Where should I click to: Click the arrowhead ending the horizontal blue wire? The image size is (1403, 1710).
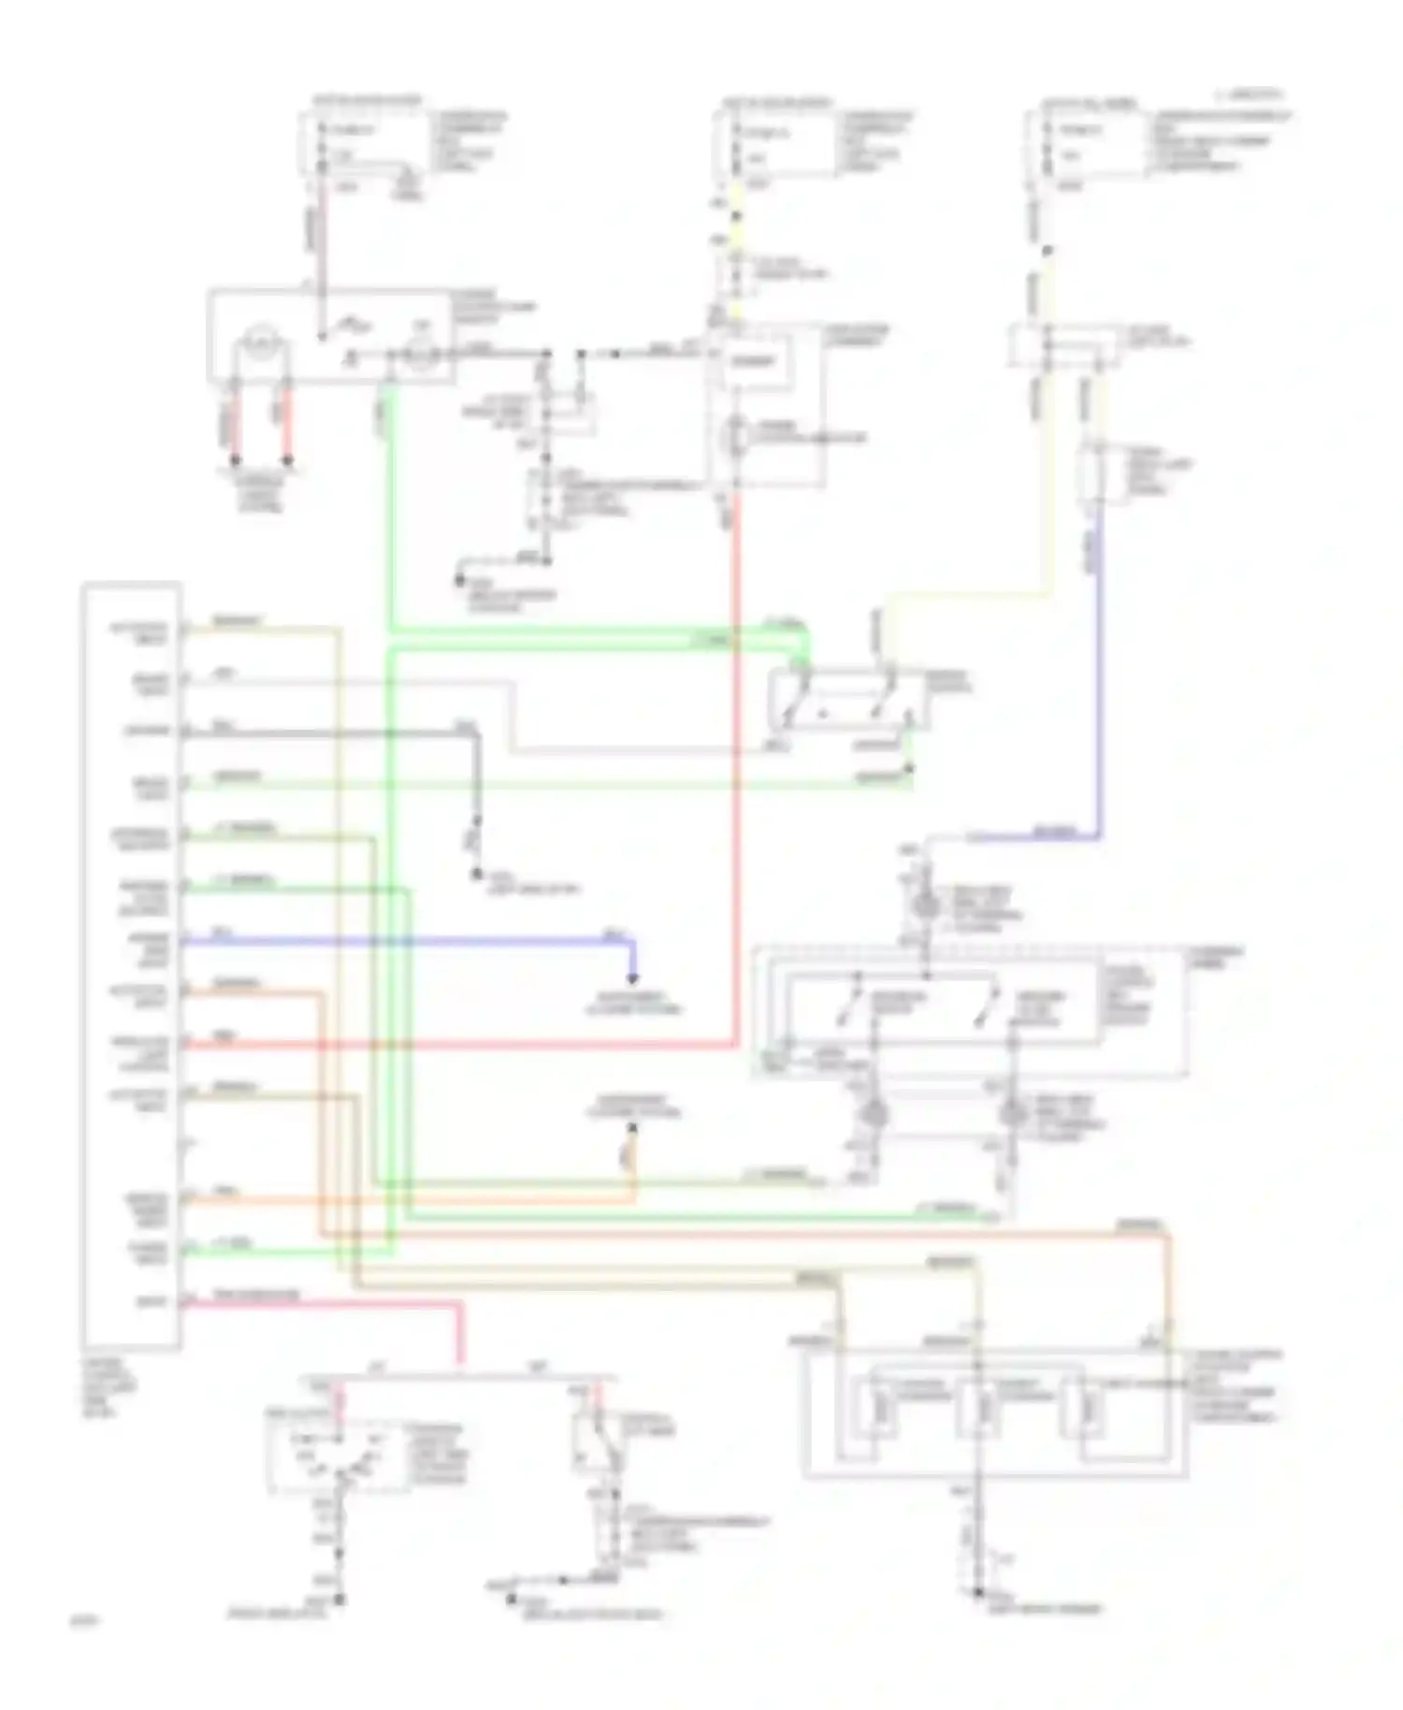pos(633,978)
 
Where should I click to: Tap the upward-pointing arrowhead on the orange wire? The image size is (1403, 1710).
pos(633,1130)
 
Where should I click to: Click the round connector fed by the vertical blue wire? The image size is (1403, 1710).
pos(926,906)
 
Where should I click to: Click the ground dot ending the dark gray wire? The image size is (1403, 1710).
pos(476,875)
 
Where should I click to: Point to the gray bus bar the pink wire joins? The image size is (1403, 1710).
pos(458,1378)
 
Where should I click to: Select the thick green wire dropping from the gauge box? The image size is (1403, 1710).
pos(391,505)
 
